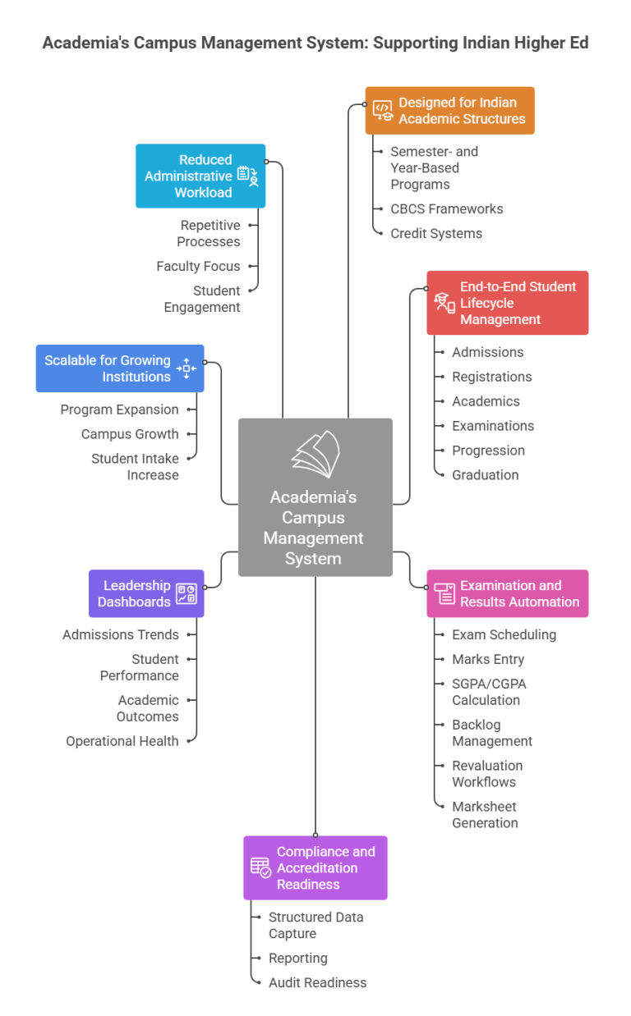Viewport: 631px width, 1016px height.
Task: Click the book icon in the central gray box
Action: (x=315, y=454)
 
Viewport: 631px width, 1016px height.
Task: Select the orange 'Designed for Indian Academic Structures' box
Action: (x=449, y=111)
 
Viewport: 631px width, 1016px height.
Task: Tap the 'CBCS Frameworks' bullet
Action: (x=446, y=209)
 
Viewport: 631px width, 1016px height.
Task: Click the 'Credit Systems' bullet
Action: (x=435, y=234)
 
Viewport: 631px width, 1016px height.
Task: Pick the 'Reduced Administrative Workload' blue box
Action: (x=200, y=176)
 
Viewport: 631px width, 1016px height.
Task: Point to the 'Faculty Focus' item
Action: (x=198, y=267)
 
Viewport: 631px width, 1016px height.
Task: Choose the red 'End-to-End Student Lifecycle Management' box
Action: (x=507, y=303)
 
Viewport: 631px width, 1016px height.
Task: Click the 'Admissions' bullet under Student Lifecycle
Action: (x=487, y=352)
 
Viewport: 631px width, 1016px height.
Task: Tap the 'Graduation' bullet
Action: (x=485, y=475)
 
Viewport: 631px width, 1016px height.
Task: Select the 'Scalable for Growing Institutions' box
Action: (x=120, y=368)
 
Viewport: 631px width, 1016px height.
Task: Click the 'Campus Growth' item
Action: (x=129, y=434)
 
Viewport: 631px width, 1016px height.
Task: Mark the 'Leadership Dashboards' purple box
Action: (x=146, y=593)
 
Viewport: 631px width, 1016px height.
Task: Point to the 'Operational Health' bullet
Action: (x=122, y=741)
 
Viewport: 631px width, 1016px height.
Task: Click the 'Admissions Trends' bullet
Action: (x=120, y=634)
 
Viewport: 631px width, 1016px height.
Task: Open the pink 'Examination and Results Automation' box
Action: (x=507, y=593)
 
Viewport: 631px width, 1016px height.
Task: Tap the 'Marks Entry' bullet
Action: (x=487, y=659)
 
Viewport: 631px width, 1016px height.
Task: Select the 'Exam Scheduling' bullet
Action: (x=504, y=634)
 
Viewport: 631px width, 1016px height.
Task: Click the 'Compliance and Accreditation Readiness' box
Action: (x=315, y=867)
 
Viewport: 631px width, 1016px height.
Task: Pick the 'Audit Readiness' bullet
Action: (x=317, y=982)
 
